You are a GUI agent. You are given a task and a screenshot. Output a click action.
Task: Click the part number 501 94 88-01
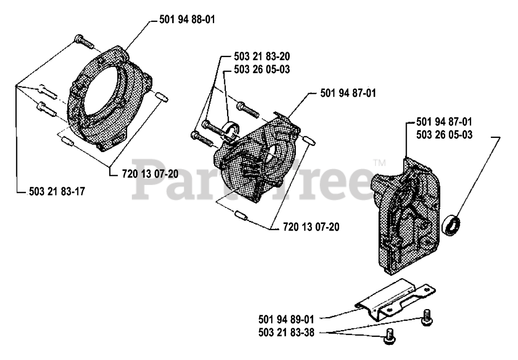point(187,19)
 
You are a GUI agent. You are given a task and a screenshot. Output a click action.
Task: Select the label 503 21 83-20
point(262,56)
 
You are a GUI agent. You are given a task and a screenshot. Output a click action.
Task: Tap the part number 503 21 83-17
point(57,192)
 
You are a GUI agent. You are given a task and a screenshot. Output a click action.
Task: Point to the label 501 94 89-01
point(286,320)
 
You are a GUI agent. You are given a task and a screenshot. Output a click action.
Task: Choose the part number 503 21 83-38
point(286,333)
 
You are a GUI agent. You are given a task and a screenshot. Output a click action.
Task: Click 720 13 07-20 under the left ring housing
point(150,174)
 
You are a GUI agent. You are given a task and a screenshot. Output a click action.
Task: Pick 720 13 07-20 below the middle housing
point(311,227)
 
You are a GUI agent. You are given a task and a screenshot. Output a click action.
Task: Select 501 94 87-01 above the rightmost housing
point(444,122)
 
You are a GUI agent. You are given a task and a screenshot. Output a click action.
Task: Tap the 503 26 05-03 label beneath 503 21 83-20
point(262,69)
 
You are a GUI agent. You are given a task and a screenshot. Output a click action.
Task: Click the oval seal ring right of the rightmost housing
point(451,226)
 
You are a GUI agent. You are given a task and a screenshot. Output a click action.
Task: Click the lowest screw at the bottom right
point(389,337)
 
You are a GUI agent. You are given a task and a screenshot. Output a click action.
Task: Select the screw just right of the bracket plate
point(427,318)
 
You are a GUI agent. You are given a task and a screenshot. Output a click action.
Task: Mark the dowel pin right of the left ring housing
point(161,97)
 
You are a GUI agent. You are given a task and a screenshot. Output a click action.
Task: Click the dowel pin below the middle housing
point(242,215)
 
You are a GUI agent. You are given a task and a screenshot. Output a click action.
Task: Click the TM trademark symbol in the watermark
point(380,163)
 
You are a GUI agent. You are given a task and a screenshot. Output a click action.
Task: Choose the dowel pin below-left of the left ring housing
point(67,142)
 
